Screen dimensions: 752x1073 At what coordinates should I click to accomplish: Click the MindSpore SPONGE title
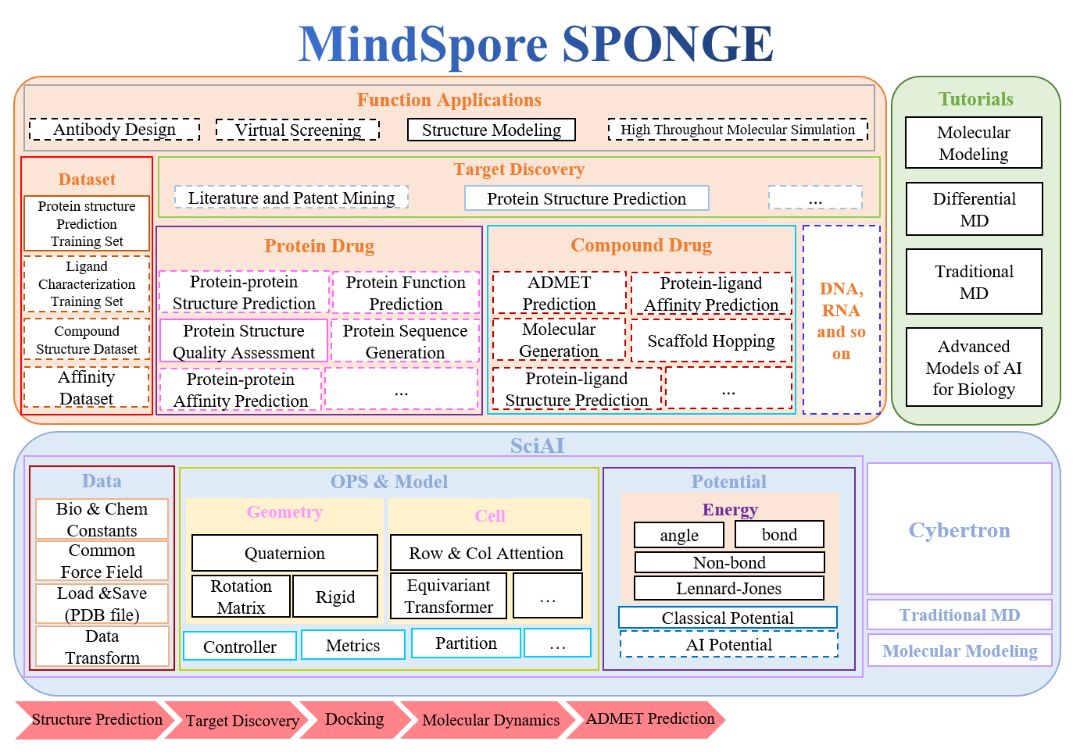[536, 44]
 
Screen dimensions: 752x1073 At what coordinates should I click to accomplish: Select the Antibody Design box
[114, 130]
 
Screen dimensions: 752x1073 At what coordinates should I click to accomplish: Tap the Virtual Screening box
[298, 130]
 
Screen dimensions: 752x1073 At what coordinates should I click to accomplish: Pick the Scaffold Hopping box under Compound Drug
[711, 340]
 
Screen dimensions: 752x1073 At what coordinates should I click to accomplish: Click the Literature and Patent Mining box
[291, 198]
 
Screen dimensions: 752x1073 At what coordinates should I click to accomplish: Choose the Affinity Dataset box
[86, 388]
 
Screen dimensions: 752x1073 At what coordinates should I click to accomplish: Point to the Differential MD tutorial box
[974, 209]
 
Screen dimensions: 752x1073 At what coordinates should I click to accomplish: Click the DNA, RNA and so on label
[841, 320]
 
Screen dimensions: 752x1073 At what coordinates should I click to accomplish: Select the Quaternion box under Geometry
[284, 553]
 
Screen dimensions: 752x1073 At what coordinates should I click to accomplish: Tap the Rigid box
[335, 597]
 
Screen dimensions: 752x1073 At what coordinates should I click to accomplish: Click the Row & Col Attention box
[486, 553]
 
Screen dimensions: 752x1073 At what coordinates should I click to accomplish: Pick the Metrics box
[352, 645]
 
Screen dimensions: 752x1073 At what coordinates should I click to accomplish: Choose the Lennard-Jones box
[728, 588]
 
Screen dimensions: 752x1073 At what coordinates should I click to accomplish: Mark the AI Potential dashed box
[728, 644]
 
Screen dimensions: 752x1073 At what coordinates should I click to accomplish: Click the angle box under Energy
[679, 535]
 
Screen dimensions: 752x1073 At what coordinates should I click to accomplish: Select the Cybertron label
[959, 529]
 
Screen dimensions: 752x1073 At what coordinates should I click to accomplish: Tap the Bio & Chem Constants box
[102, 519]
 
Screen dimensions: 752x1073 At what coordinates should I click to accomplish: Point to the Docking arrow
[354, 719]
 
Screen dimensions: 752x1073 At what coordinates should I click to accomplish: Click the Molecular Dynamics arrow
[490, 719]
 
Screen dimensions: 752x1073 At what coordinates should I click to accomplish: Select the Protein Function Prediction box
[406, 293]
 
